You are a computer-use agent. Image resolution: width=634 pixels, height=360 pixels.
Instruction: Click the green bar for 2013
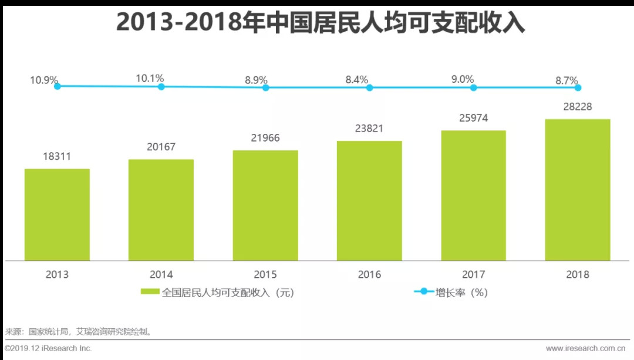pyautogui.click(x=57, y=215)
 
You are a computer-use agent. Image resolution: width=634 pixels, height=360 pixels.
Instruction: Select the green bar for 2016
pyautogui.click(x=369, y=201)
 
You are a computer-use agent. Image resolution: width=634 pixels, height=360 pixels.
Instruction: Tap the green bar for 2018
pyautogui.click(x=578, y=190)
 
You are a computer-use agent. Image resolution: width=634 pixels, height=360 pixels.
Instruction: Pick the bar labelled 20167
pyautogui.click(x=161, y=210)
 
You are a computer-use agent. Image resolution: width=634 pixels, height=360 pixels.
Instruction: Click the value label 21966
pyautogui.click(x=265, y=138)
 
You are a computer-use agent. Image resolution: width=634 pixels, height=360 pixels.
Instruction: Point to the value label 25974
pyautogui.click(x=473, y=118)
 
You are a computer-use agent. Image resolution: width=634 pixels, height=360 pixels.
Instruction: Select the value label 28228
pyautogui.click(x=578, y=107)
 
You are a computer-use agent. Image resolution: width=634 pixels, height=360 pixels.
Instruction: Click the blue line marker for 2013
pyautogui.click(x=57, y=86)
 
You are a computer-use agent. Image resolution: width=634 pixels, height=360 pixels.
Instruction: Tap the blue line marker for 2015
pyautogui.click(x=265, y=88)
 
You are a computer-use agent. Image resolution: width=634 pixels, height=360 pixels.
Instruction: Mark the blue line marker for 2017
pyautogui.click(x=473, y=88)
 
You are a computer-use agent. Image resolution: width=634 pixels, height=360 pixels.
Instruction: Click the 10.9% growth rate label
pyautogui.click(x=44, y=79)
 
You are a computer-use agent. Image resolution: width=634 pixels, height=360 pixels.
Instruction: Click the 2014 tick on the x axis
pyautogui.click(x=161, y=274)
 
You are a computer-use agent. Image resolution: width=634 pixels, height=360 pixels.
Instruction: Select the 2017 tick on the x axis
pyautogui.click(x=473, y=274)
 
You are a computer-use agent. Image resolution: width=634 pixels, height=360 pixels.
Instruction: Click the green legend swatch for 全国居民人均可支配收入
pyautogui.click(x=150, y=292)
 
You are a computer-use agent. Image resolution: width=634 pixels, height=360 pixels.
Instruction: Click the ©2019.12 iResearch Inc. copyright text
pyautogui.click(x=49, y=348)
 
